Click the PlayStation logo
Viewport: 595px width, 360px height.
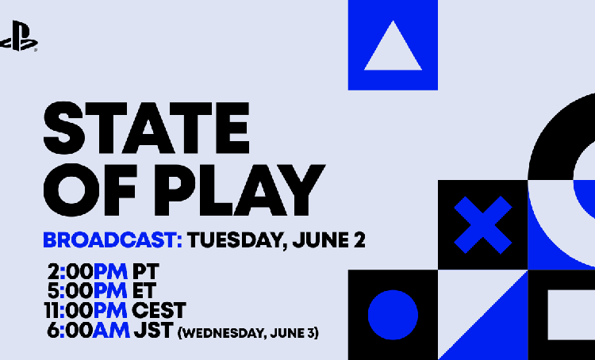point(18,36)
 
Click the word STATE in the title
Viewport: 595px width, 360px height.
point(147,128)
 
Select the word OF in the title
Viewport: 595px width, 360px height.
point(90,190)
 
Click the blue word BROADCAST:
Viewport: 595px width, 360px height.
point(113,240)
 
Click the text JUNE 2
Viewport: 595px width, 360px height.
point(329,240)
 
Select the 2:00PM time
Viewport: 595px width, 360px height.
point(87,272)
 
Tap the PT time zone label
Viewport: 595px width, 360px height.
point(145,272)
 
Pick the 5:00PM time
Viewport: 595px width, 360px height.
point(87,291)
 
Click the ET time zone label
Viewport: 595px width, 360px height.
point(144,291)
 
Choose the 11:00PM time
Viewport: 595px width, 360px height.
point(86,311)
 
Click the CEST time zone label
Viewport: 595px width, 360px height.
point(159,311)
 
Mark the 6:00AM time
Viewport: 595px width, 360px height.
point(88,331)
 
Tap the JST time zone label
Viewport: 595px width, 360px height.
point(154,331)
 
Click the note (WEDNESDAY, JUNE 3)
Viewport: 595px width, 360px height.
point(248,333)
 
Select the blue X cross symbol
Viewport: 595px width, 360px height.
point(483,225)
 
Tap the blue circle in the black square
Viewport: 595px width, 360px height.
point(393,315)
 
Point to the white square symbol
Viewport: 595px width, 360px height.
point(571,315)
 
